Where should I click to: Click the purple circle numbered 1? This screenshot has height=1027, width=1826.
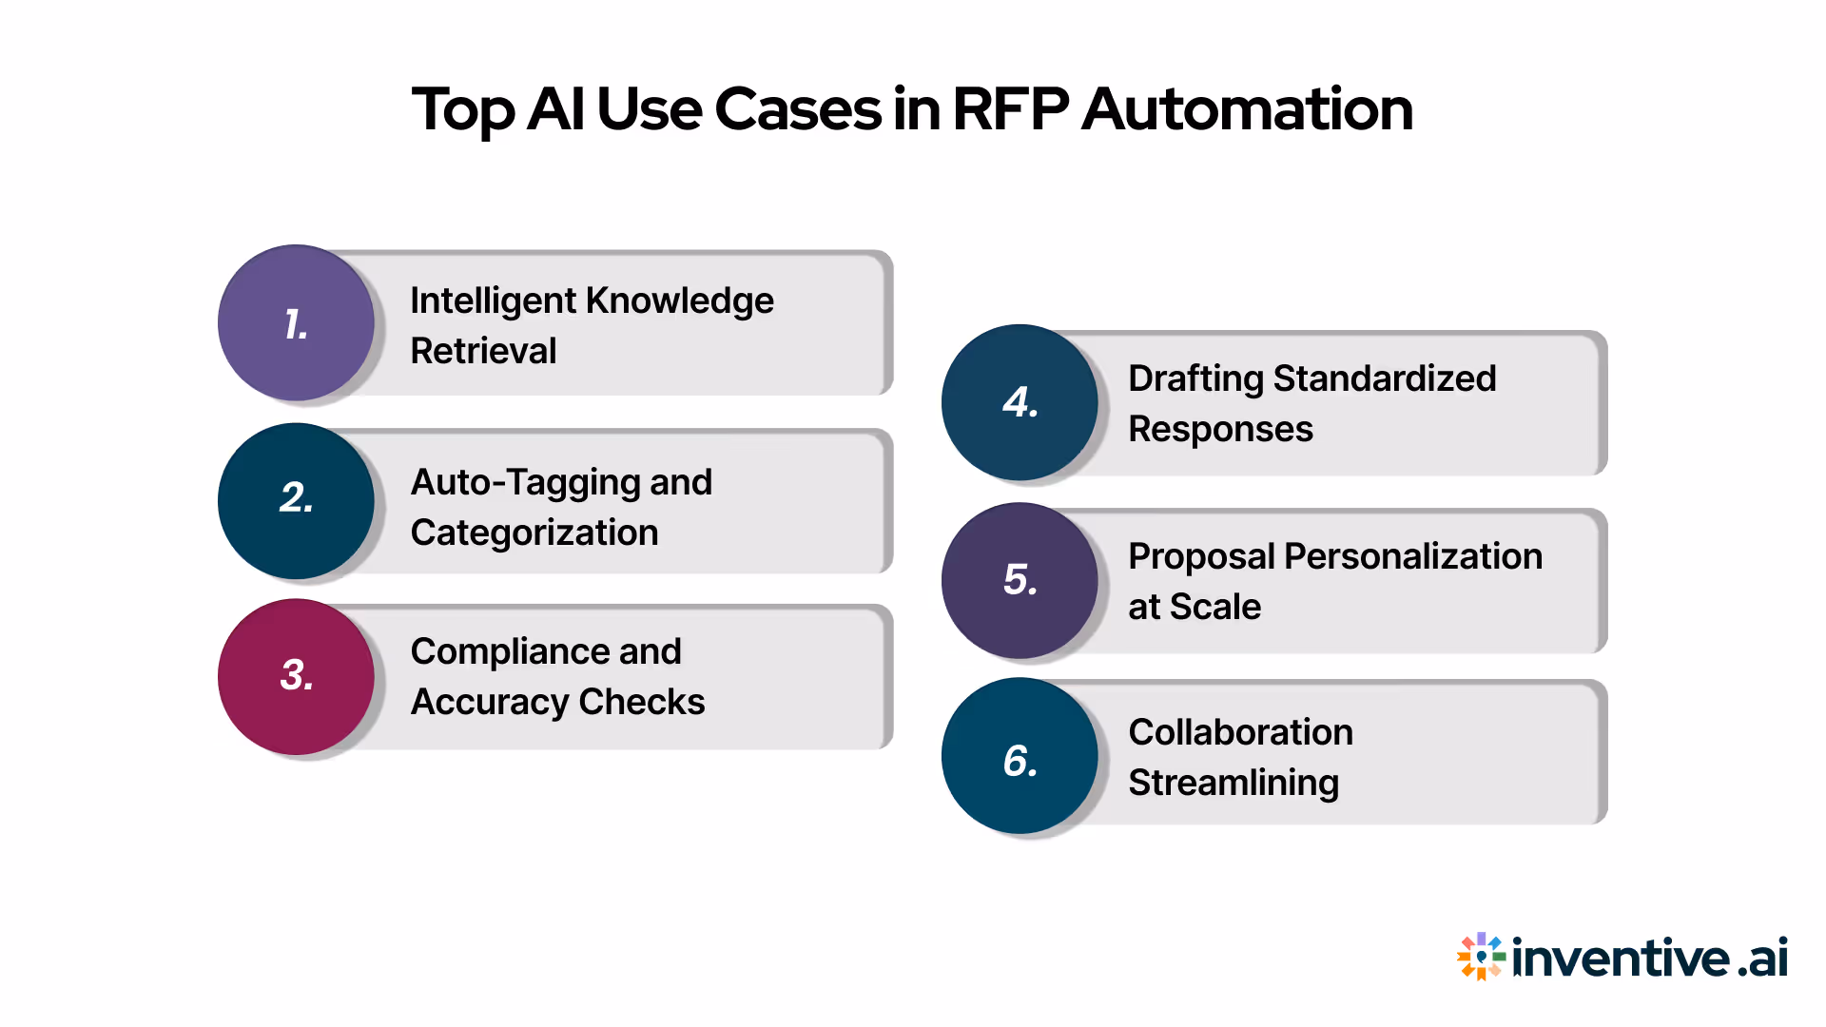click(296, 323)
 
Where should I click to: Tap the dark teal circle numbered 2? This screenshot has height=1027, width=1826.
click(296, 500)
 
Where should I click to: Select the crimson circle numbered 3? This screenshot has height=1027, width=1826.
click(296, 676)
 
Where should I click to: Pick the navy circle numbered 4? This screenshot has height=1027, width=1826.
click(1020, 402)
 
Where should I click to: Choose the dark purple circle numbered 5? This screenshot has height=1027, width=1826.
click(1020, 580)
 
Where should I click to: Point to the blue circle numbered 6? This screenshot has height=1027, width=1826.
click(1020, 756)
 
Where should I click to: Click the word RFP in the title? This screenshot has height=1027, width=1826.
click(1010, 109)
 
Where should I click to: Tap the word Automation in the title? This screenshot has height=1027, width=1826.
click(1247, 109)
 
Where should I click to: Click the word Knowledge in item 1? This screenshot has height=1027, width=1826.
click(679, 301)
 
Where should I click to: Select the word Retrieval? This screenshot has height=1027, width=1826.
click(483, 351)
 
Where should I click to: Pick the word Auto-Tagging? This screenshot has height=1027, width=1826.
click(524, 483)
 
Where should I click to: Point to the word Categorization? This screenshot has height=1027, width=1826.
click(534, 533)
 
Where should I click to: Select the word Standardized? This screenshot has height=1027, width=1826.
click(1385, 378)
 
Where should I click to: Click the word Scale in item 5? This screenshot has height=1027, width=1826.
click(1214, 607)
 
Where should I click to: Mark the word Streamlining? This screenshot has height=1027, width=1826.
click(1234, 783)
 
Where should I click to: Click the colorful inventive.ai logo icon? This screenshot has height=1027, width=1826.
click(1480, 956)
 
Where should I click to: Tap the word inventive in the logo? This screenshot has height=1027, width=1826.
click(1620, 957)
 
